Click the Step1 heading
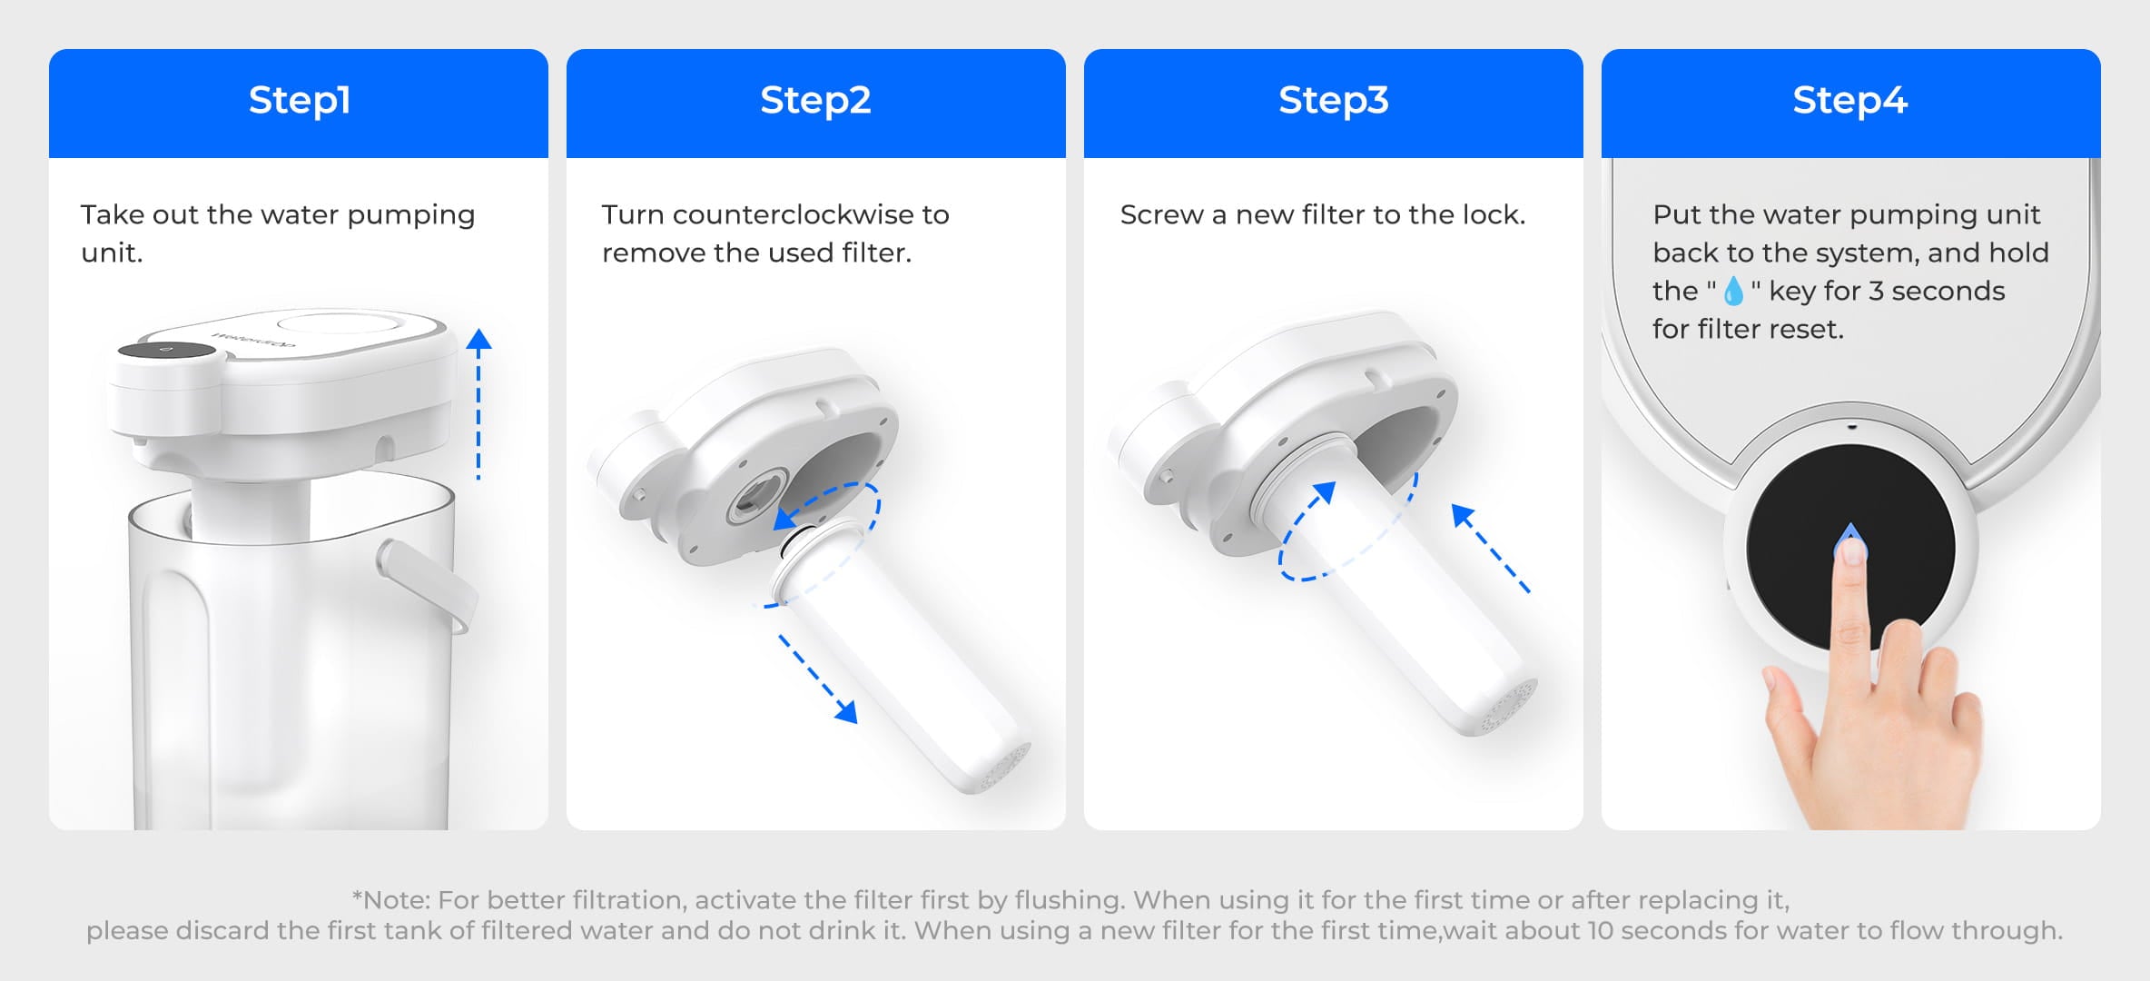coord(299,100)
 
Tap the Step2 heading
coord(815,100)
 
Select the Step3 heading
coord(1333,100)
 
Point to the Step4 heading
coord(1849,100)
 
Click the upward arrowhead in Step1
coord(478,340)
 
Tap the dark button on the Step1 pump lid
coord(166,351)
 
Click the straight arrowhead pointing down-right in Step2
coord(846,711)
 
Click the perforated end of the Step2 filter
coord(1003,766)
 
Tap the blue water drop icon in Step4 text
coord(1733,291)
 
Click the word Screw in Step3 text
coord(1161,214)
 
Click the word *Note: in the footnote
coord(390,899)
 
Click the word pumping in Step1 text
coord(410,216)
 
